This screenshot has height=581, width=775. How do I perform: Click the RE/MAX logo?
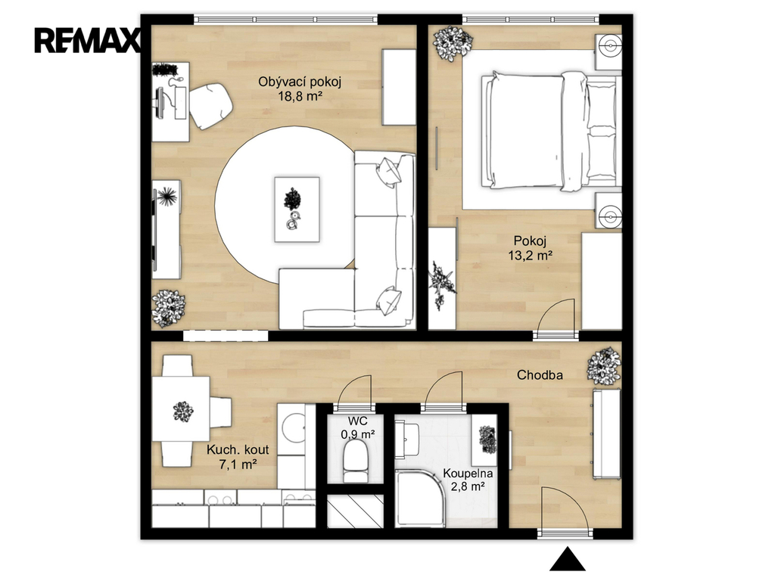(x=88, y=41)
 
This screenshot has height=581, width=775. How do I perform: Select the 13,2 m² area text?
(x=530, y=256)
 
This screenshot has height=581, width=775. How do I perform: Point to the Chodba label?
(x=540, y=375)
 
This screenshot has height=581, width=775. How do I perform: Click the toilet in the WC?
(x=356, y=460)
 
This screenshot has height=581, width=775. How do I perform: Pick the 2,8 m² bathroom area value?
(x=468, y=486)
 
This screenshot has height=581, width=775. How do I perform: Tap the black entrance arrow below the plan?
(x=568, y=559)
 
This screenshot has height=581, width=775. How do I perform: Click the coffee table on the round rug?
(x=297, y=210)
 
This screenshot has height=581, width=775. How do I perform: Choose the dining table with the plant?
(x=181, y=409)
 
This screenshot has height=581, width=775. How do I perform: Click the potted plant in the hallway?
(x=603, y=365)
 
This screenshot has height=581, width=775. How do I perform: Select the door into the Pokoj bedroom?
(x=556, y=317)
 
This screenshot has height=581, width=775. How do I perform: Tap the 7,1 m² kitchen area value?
(x=238, y=464)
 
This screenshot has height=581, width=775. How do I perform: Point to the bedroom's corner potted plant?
(x=453, y=43)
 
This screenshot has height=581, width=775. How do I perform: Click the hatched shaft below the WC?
(x=356, y=511)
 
